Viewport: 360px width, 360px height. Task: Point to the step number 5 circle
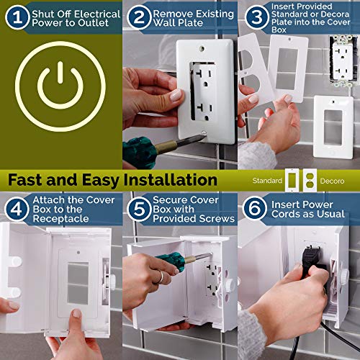(x=138, y=207)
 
